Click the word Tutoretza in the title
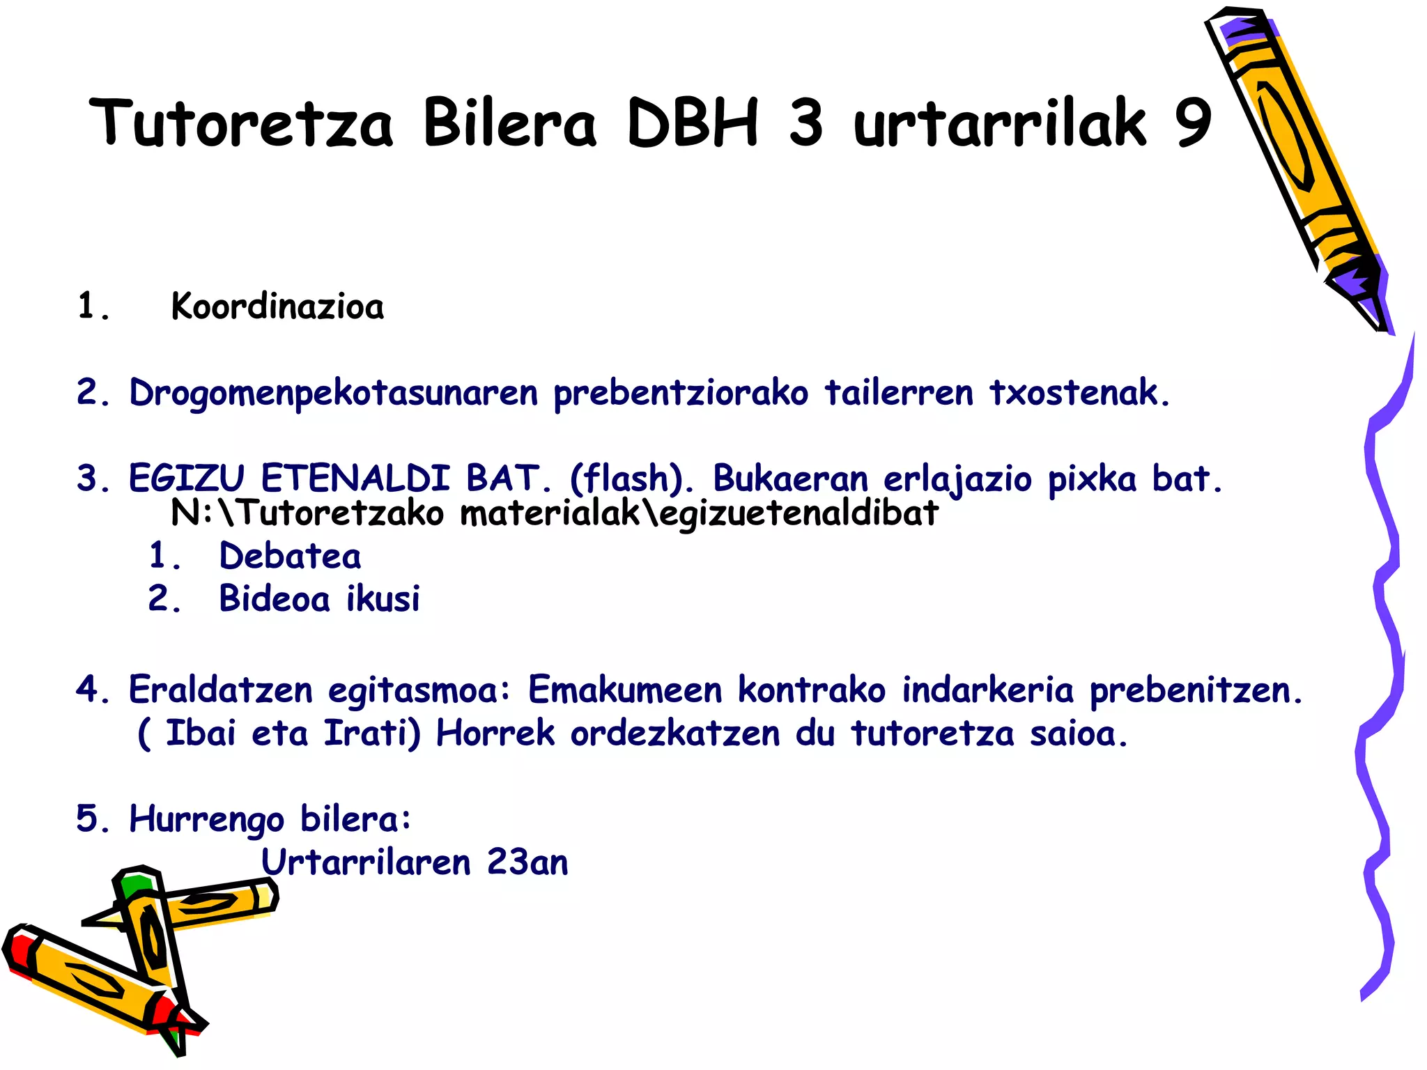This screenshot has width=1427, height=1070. (241, 123)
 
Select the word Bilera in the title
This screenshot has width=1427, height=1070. (509, 123)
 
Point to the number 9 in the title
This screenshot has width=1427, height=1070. (1194, 123)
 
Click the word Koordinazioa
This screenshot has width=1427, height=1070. (277, 307)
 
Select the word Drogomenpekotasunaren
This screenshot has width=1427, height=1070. (334, 394)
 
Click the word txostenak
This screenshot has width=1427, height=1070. (1079, 392)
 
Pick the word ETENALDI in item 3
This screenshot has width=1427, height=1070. (355, 479)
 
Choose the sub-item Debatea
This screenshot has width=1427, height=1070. (290, 557)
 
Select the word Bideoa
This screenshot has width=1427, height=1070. (274, 599)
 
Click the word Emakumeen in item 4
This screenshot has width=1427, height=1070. (625, 690)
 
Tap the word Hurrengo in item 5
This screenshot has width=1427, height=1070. (207, 819)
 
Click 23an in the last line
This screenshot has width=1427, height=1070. (527, 862)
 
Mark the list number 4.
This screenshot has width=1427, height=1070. (88, 690)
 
